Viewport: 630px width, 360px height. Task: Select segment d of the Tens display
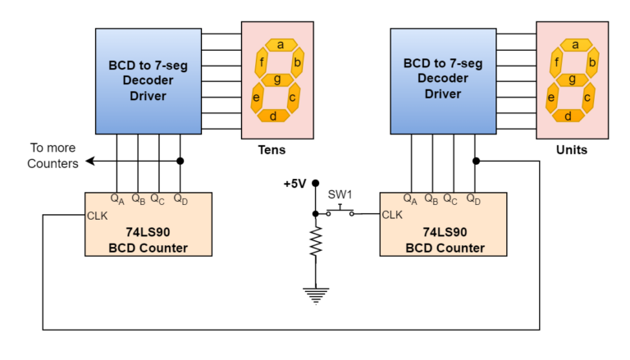274,116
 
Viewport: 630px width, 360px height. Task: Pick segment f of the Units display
557,62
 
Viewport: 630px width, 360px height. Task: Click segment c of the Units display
587,98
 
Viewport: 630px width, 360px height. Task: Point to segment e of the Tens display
258,98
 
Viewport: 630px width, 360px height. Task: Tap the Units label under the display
571,150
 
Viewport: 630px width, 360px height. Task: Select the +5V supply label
294,184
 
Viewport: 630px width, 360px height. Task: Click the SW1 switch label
340,194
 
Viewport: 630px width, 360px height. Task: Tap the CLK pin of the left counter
97,216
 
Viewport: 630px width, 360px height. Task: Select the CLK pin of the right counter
392,216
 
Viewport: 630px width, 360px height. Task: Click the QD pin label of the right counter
473,198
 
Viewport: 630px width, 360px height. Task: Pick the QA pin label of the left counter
117,198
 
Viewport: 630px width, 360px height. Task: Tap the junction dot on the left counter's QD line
180,162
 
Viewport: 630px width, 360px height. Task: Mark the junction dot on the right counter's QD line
476,162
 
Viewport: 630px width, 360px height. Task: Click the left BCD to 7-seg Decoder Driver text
148,80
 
